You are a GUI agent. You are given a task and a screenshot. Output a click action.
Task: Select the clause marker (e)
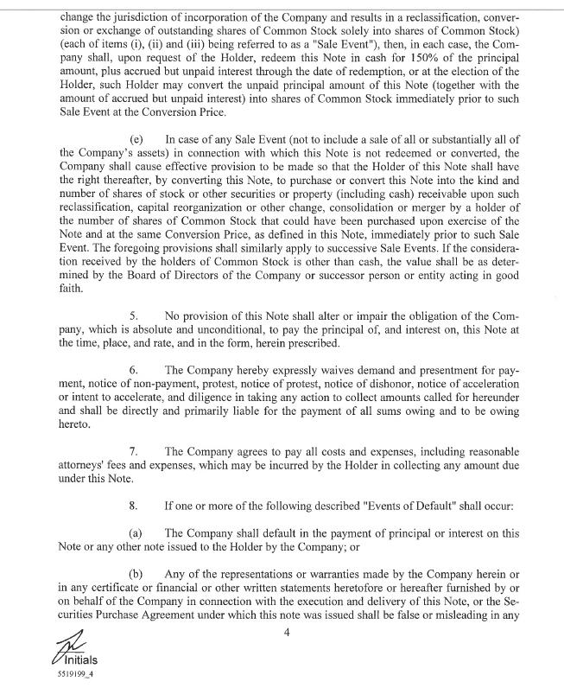[136, 139]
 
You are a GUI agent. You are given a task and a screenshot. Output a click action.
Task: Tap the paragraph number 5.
[135, 317]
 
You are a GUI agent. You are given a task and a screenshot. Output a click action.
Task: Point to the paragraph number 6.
[135, 370]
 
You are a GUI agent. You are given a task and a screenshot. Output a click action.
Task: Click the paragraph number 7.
[135, 451]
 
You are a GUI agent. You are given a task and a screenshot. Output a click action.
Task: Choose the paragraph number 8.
[135, 504]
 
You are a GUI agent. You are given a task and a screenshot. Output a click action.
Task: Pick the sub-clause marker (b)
[136, 574]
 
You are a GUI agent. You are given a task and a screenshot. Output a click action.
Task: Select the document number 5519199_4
[72, 675]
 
